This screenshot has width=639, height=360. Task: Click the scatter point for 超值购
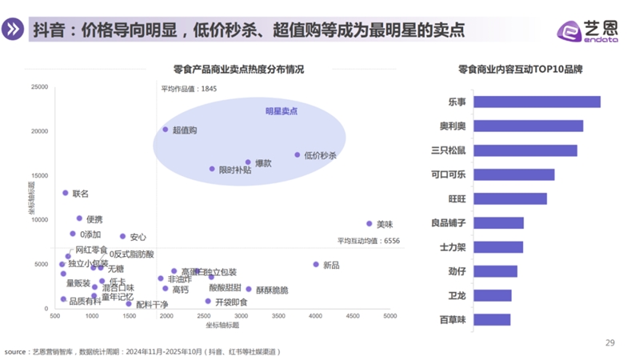coord(166,130)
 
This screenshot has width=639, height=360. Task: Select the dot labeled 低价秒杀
coord(298,155)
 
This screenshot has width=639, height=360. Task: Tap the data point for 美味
coord(369,224)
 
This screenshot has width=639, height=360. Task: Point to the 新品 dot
coord(316,264)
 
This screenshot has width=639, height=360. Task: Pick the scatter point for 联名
coord(66,193)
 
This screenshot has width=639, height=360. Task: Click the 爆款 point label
coord(263,162)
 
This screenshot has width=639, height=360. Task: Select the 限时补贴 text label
coord(235,170)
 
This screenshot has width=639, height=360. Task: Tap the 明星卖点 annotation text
coord(282,111)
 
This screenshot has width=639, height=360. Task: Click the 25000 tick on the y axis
coord(38,86)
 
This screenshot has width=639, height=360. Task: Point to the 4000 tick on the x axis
coord(316,317)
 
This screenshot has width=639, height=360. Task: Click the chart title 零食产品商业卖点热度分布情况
coord(238,70)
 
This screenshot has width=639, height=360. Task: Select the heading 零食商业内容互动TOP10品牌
coord(520,70)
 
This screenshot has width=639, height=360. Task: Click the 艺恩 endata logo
coord(588,29)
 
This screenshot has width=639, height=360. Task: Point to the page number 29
coord(609,343)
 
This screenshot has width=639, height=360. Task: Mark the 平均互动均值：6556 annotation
coord(368,240)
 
